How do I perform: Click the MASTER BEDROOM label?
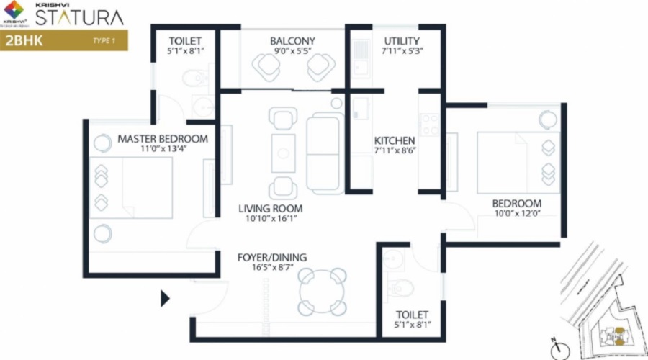click(x=163, y=139)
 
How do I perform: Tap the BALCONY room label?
click(x=292, y=41)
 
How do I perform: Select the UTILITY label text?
click(x=402, y=41)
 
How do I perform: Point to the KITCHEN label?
click(x=395, y=140)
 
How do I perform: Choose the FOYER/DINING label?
click(x=272, y=257)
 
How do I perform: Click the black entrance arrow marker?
click(x=165, y=298)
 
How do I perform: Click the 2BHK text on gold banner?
click(x=24, y=40)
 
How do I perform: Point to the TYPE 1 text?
click(x=104, y=40)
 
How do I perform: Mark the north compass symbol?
click(x=556, y=350)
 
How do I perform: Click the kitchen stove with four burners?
click(x=430, y=125)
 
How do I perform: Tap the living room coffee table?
click(x=284, y=153)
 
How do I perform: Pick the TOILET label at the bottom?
click(x=413, y=315)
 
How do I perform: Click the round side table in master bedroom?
click(x=102, y=233)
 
